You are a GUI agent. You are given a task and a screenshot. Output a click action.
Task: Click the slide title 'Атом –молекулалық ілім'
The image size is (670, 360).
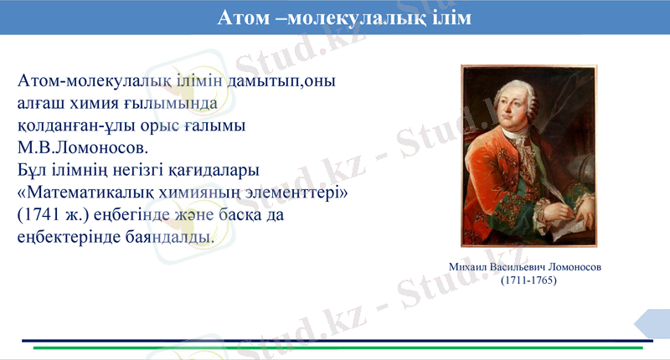point(344,18)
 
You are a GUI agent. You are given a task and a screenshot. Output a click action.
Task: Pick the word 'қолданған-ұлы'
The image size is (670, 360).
point(76,126)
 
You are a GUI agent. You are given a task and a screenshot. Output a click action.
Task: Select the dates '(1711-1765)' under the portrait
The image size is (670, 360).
point(528,280)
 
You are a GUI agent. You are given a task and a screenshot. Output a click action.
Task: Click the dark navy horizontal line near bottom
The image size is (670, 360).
point(327,340)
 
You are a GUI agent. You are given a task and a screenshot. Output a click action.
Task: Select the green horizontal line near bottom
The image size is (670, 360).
point(335,347)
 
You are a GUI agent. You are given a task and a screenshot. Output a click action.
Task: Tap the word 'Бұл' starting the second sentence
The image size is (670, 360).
point(32,171)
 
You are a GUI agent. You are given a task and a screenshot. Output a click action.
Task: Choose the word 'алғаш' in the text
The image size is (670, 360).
point(40,104)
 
